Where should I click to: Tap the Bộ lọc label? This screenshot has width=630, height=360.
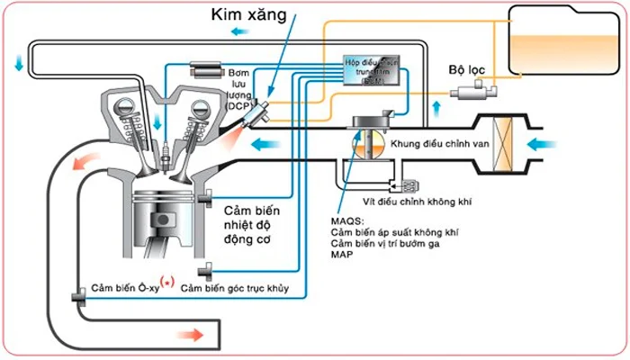tap(469, 69)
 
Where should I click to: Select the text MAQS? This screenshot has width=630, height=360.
tap(349, 219)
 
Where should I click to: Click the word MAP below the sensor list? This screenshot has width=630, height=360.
tap(343, 254)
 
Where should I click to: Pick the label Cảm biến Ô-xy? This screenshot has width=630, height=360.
tap(123, 288)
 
